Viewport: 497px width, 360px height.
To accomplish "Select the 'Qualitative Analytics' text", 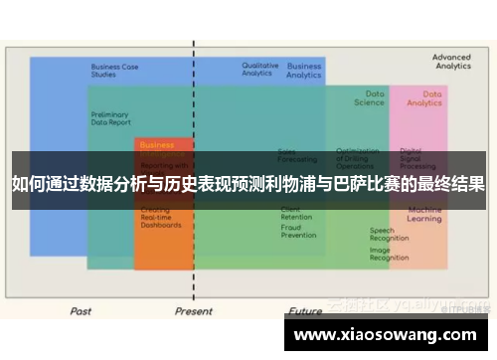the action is click(x=260, y=69).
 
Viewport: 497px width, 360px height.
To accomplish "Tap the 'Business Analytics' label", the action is click(x=304, y=71).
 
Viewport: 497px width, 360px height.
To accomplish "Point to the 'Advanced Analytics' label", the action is click(x=451, y=62).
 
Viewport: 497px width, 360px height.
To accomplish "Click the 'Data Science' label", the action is click(x=369, y=97).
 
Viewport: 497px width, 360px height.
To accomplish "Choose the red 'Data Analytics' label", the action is click(x=424, y=97).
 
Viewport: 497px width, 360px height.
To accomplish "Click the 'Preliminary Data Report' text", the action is click(x=109, y=117).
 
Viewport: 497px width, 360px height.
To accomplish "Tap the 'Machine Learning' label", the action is click(x=424, y=214).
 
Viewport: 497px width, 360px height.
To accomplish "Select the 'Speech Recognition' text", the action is click(x=389, y=235).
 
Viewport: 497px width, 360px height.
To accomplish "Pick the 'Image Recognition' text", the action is click(x=389, y=254).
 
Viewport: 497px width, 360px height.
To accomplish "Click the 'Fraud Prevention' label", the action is click(x=298, y=231).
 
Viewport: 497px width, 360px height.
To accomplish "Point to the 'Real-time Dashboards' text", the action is click(x=161, y=221).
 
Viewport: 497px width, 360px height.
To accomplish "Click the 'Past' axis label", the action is click(x=81, y=311).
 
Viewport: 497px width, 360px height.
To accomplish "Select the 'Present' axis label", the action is click(x=194, y=311).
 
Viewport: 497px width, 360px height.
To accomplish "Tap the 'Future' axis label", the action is click(x=305, y=311).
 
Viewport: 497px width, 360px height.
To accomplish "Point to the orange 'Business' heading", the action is click(x=157, y=145).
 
